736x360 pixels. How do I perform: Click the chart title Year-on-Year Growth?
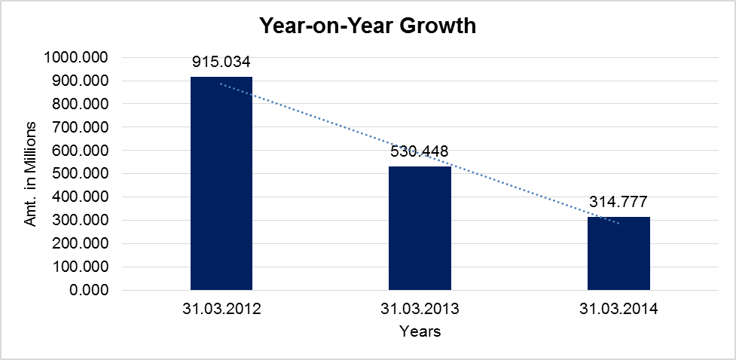(x=368, y=26)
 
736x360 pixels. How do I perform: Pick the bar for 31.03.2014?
(x=618, y=253)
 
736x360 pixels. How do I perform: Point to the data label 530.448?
(x=420, y=151)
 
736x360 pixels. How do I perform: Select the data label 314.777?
(x=618, y=202)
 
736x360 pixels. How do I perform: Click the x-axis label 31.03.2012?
(x=221, y=309)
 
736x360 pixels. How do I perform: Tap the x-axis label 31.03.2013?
(x=420, y=309)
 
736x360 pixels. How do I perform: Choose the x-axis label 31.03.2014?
(x=618, y=309)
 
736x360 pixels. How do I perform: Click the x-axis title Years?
(x=420, y=331)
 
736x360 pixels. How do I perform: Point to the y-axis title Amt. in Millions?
(x=30, y=173)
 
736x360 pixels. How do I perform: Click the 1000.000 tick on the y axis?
(x=77, y=57)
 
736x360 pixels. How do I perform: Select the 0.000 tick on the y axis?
(x=89, y=291)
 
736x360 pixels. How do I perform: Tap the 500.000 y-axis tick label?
(x=81, y=174)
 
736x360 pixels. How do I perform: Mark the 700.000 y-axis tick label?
(x=81, y=127)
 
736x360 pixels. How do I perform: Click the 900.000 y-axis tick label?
(x=81, y=81)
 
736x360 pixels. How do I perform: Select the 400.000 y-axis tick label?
(x=81, y=197)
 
